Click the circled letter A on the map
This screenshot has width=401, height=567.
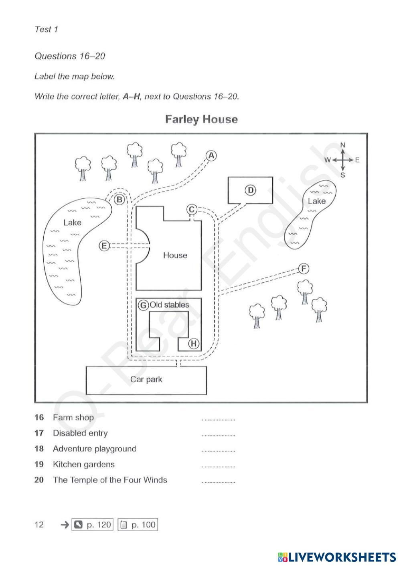click(211, 156)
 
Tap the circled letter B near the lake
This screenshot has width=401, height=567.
click(119, 200)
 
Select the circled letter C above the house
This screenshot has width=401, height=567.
click(192, 210)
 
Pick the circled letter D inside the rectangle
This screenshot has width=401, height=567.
click(250, 190)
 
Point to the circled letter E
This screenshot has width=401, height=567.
click(104, 246)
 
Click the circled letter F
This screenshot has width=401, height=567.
click(304, 269)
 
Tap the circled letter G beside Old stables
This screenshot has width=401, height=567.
click(143, 306)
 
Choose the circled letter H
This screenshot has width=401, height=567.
click(194, 343)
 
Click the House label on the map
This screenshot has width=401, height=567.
click(175, 255)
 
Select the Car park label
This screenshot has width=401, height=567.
click(146, 379)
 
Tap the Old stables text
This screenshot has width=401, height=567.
click(169, 305)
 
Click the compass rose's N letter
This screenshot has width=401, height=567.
click(342, 145)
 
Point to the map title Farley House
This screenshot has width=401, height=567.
click(201, 119)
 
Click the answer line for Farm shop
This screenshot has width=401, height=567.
click(219, 420)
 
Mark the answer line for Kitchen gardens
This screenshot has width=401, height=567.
click(219, 467)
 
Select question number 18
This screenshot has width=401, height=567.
click(39, 449)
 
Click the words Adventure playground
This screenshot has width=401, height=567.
click(95, 449)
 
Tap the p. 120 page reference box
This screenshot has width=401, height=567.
click(92, 525)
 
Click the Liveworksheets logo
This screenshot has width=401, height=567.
click(337, 557)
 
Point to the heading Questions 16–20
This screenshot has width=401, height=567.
click(70, 56)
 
